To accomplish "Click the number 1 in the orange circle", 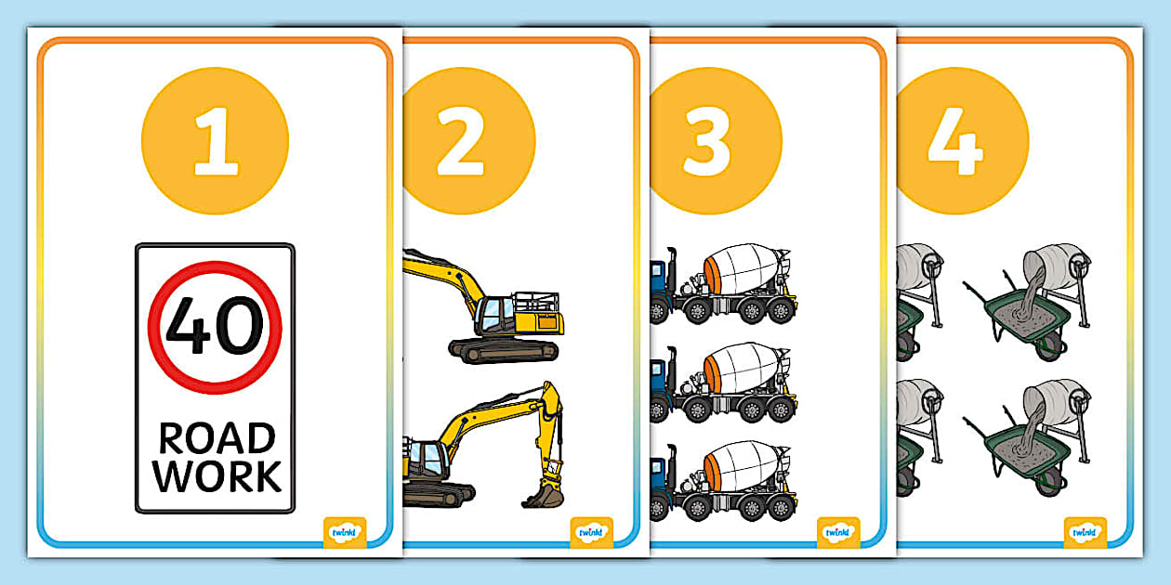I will point(216,141).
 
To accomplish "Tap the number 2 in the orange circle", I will point(461,141).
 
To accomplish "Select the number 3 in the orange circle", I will point(708,141).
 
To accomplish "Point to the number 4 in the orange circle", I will point(954,141).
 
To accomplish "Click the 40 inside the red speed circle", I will point(215,325).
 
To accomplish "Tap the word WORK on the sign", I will point(217,475).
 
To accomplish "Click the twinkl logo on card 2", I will point(591,532).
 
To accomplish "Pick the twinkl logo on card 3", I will point(838,532).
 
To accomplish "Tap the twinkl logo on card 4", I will point(1085,532).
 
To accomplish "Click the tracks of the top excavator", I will point(503,350).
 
